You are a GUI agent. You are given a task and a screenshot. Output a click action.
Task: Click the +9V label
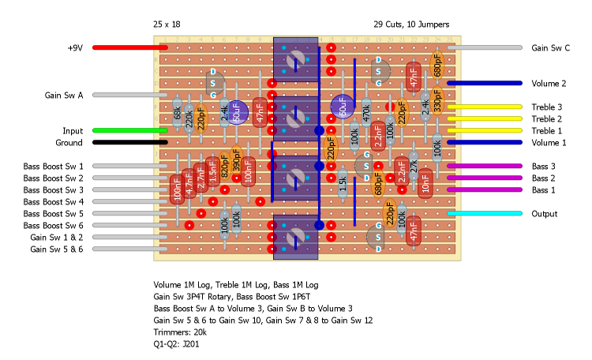[74, 47]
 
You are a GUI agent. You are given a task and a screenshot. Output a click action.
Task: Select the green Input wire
[126, 130]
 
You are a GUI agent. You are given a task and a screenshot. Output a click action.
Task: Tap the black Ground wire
[126, 142]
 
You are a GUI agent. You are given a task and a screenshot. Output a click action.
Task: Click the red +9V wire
[126, 47]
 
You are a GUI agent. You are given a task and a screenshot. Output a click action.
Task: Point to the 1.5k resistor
[343, 183]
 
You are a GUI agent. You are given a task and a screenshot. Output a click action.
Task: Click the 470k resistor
[366, 112]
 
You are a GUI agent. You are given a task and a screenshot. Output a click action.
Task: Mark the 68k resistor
[177, 113]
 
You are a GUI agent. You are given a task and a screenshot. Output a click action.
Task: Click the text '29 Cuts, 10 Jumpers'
[417, 24]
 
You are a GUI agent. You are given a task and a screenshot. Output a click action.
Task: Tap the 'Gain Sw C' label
[550, 47]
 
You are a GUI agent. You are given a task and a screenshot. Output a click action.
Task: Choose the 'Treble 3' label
[547, 107]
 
